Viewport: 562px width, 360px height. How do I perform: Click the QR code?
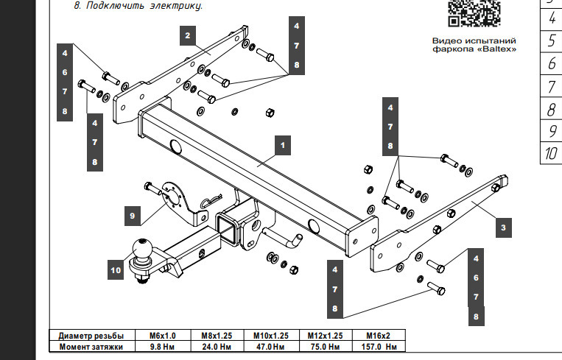474,14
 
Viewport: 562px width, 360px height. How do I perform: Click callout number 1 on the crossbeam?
281,146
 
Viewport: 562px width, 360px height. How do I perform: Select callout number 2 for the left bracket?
188,35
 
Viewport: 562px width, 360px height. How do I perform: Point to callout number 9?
133,216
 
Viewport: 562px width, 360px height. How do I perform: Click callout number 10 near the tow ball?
116,270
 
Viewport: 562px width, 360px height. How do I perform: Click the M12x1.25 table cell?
323,335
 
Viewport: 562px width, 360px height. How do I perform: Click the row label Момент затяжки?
91,346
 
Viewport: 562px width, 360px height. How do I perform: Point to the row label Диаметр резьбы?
91,335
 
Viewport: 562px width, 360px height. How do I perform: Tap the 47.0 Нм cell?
270,346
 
